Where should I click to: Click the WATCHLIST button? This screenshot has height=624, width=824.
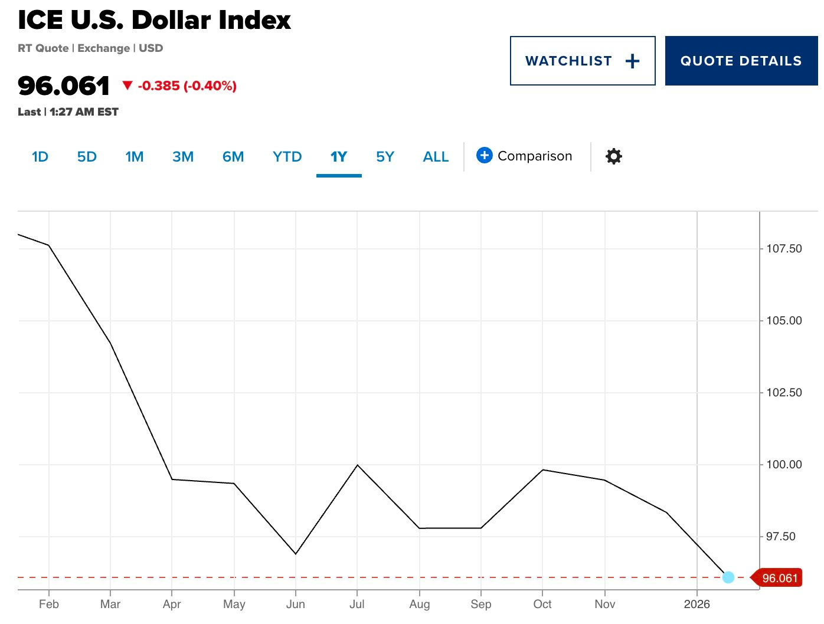[582, 61]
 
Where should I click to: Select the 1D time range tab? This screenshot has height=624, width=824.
[40, 157]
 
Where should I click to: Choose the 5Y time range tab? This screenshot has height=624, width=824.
[385, 157]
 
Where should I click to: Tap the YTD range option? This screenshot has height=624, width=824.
[287, 157]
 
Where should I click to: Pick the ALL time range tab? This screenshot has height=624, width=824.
[436, 157]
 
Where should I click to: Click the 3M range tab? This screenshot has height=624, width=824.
[183, 157]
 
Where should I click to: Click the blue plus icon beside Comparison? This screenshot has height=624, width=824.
[484, 155]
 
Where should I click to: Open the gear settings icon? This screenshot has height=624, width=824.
[614, 156]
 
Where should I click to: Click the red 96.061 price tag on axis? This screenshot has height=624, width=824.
[779, 578]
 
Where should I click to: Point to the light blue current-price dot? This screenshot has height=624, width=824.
[728, 577]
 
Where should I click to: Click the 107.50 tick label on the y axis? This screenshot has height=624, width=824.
[784, 249]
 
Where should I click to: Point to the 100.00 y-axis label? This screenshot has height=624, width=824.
[784, 465]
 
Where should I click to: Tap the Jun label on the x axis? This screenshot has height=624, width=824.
[295, 604]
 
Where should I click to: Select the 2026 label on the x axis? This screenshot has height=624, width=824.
[697, 604]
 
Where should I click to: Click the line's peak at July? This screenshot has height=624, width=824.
[357, 465]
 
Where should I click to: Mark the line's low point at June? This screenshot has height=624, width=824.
[295, 554]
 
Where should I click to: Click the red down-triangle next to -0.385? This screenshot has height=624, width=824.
[127, 86]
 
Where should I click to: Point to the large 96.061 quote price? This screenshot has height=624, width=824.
[64, 86]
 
